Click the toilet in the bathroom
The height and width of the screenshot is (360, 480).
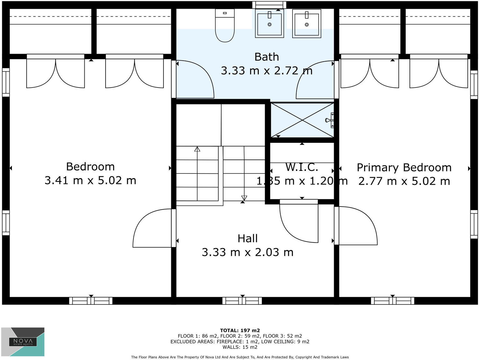225,26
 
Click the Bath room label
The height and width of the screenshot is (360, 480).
267,57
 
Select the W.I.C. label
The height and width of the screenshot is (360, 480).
302,167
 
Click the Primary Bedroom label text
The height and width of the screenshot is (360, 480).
404,167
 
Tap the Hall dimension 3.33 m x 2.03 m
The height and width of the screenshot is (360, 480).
247,252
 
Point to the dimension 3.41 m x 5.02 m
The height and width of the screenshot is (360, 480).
90,181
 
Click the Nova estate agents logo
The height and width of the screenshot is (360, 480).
23,342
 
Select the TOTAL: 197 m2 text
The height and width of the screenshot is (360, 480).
240,330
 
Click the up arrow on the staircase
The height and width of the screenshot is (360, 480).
197,149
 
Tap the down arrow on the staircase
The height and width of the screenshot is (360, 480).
244,197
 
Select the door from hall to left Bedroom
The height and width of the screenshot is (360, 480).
152,228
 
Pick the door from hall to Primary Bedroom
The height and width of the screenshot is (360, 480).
357,226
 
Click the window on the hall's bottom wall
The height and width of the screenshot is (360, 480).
242,301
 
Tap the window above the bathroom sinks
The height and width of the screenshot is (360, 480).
269,5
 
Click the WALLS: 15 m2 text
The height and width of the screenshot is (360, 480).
240,347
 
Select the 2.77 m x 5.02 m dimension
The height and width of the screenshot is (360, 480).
404,181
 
